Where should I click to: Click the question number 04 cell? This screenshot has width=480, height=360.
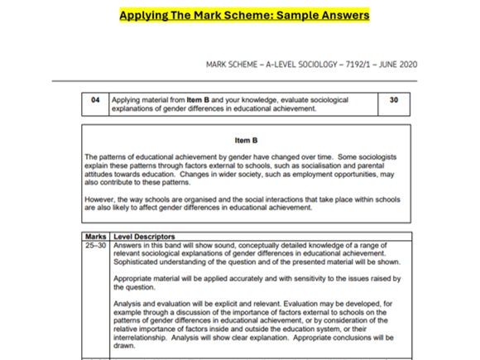(95, 99)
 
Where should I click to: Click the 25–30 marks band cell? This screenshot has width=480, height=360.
(96, 246)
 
